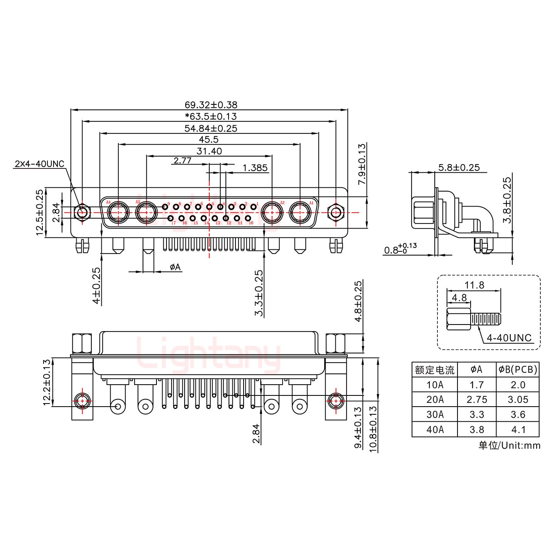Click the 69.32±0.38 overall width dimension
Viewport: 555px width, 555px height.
coord(211,104)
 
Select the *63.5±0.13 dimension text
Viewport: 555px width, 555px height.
coord(211,116)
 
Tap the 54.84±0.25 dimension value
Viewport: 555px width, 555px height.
coord(211,128)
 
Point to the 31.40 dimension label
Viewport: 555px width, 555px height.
coord(209,151)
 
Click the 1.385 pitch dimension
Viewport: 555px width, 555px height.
coord(255,168)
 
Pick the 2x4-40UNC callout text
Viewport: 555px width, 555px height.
coord(39,164)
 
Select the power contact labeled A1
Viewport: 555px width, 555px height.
coord(300,212)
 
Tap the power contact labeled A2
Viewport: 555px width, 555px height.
coord(272,212)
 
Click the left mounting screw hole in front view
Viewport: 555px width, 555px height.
coord(82,212)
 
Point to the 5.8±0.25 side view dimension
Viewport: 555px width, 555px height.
coord(459,167)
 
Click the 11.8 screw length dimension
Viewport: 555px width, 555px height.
coord(474,285)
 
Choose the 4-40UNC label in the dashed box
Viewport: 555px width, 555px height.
coord(509,338)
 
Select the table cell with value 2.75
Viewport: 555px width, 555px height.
coord(476,400)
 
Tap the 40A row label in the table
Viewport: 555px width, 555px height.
coord(435,429)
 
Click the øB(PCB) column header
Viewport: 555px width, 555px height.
coord(518,370)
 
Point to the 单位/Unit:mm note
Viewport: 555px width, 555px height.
coord(509,446)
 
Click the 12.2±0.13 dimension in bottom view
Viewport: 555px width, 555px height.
coord(47,382)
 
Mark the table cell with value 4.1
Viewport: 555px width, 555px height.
coord(518,429)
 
